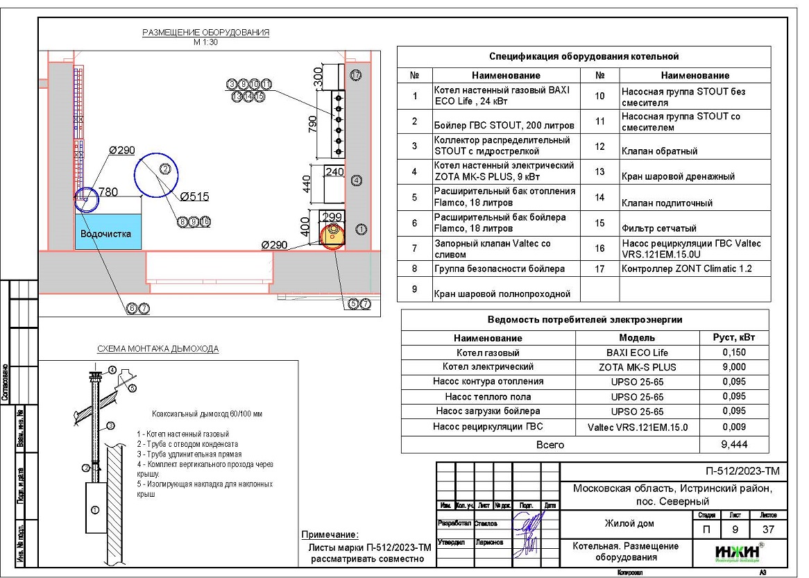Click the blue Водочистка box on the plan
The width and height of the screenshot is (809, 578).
tap(108, 232)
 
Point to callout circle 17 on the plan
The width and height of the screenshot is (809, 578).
tap(357, 74)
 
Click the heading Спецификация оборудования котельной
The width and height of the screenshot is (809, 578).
tap(584, 56)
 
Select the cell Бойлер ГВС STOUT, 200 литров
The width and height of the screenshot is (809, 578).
tap(504, 125)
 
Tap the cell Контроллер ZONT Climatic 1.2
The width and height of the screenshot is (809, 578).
tap(686, 269)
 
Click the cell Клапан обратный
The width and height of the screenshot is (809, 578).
tap(659, 151)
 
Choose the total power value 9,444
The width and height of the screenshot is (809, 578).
tap(734, 444)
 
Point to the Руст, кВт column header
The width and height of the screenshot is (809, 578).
tap(734, 338)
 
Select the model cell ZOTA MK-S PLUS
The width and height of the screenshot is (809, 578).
tap(638, 366)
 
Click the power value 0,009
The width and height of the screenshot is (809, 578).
tap(734, 427)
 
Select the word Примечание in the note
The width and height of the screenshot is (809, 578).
tap(330, 534)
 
